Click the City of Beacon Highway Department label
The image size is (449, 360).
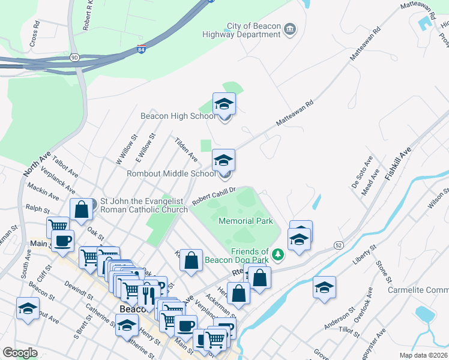tap(254, 30)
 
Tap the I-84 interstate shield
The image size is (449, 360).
tap(141, 49)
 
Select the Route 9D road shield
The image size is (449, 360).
tap(74, 58)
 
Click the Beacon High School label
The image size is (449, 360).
tap(178, 116)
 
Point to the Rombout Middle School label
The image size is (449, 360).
tap(171, 174)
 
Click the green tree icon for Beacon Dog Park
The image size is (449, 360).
tap(277, 255)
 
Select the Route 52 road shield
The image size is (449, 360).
tap(339, 245)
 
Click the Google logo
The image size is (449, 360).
tap(20, 353)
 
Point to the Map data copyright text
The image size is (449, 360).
tap(424, 355)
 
